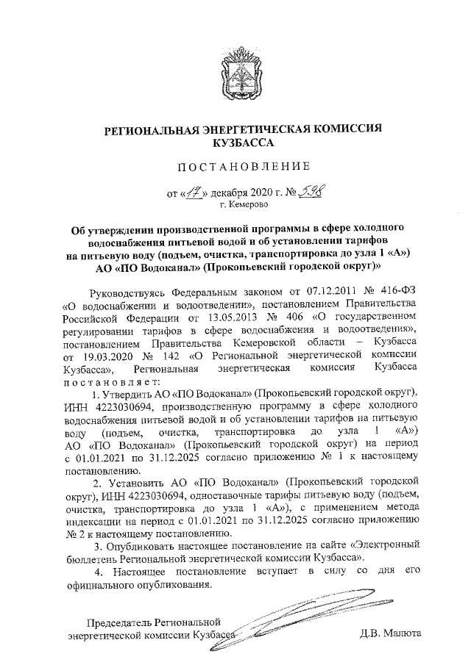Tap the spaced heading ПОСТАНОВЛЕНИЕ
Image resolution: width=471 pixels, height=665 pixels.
[x=235, y=169]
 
